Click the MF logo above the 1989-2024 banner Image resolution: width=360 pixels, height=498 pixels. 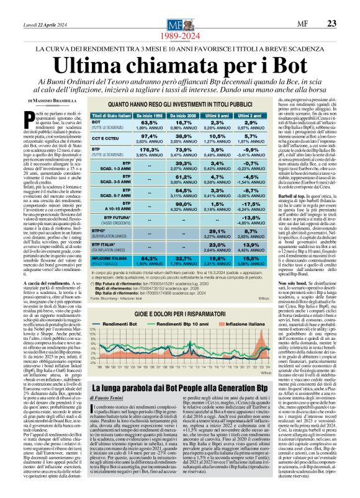(180, 8)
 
